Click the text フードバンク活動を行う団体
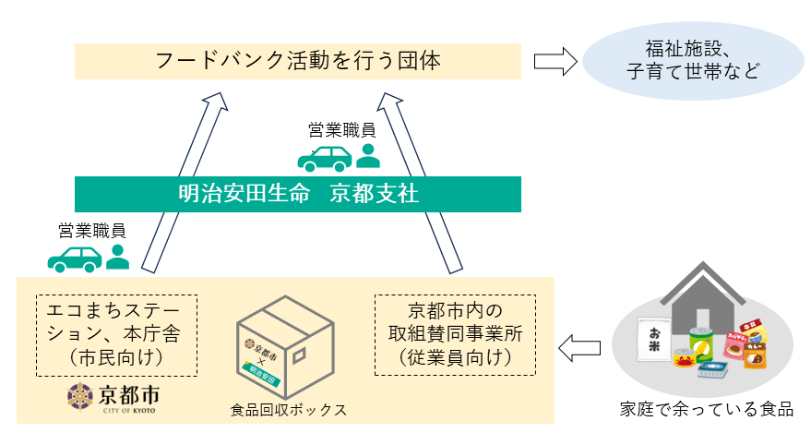click(297, 62)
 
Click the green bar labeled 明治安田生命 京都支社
click(297, 195)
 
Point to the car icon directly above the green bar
click(324, 158)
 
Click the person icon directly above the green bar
click(368, 156)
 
